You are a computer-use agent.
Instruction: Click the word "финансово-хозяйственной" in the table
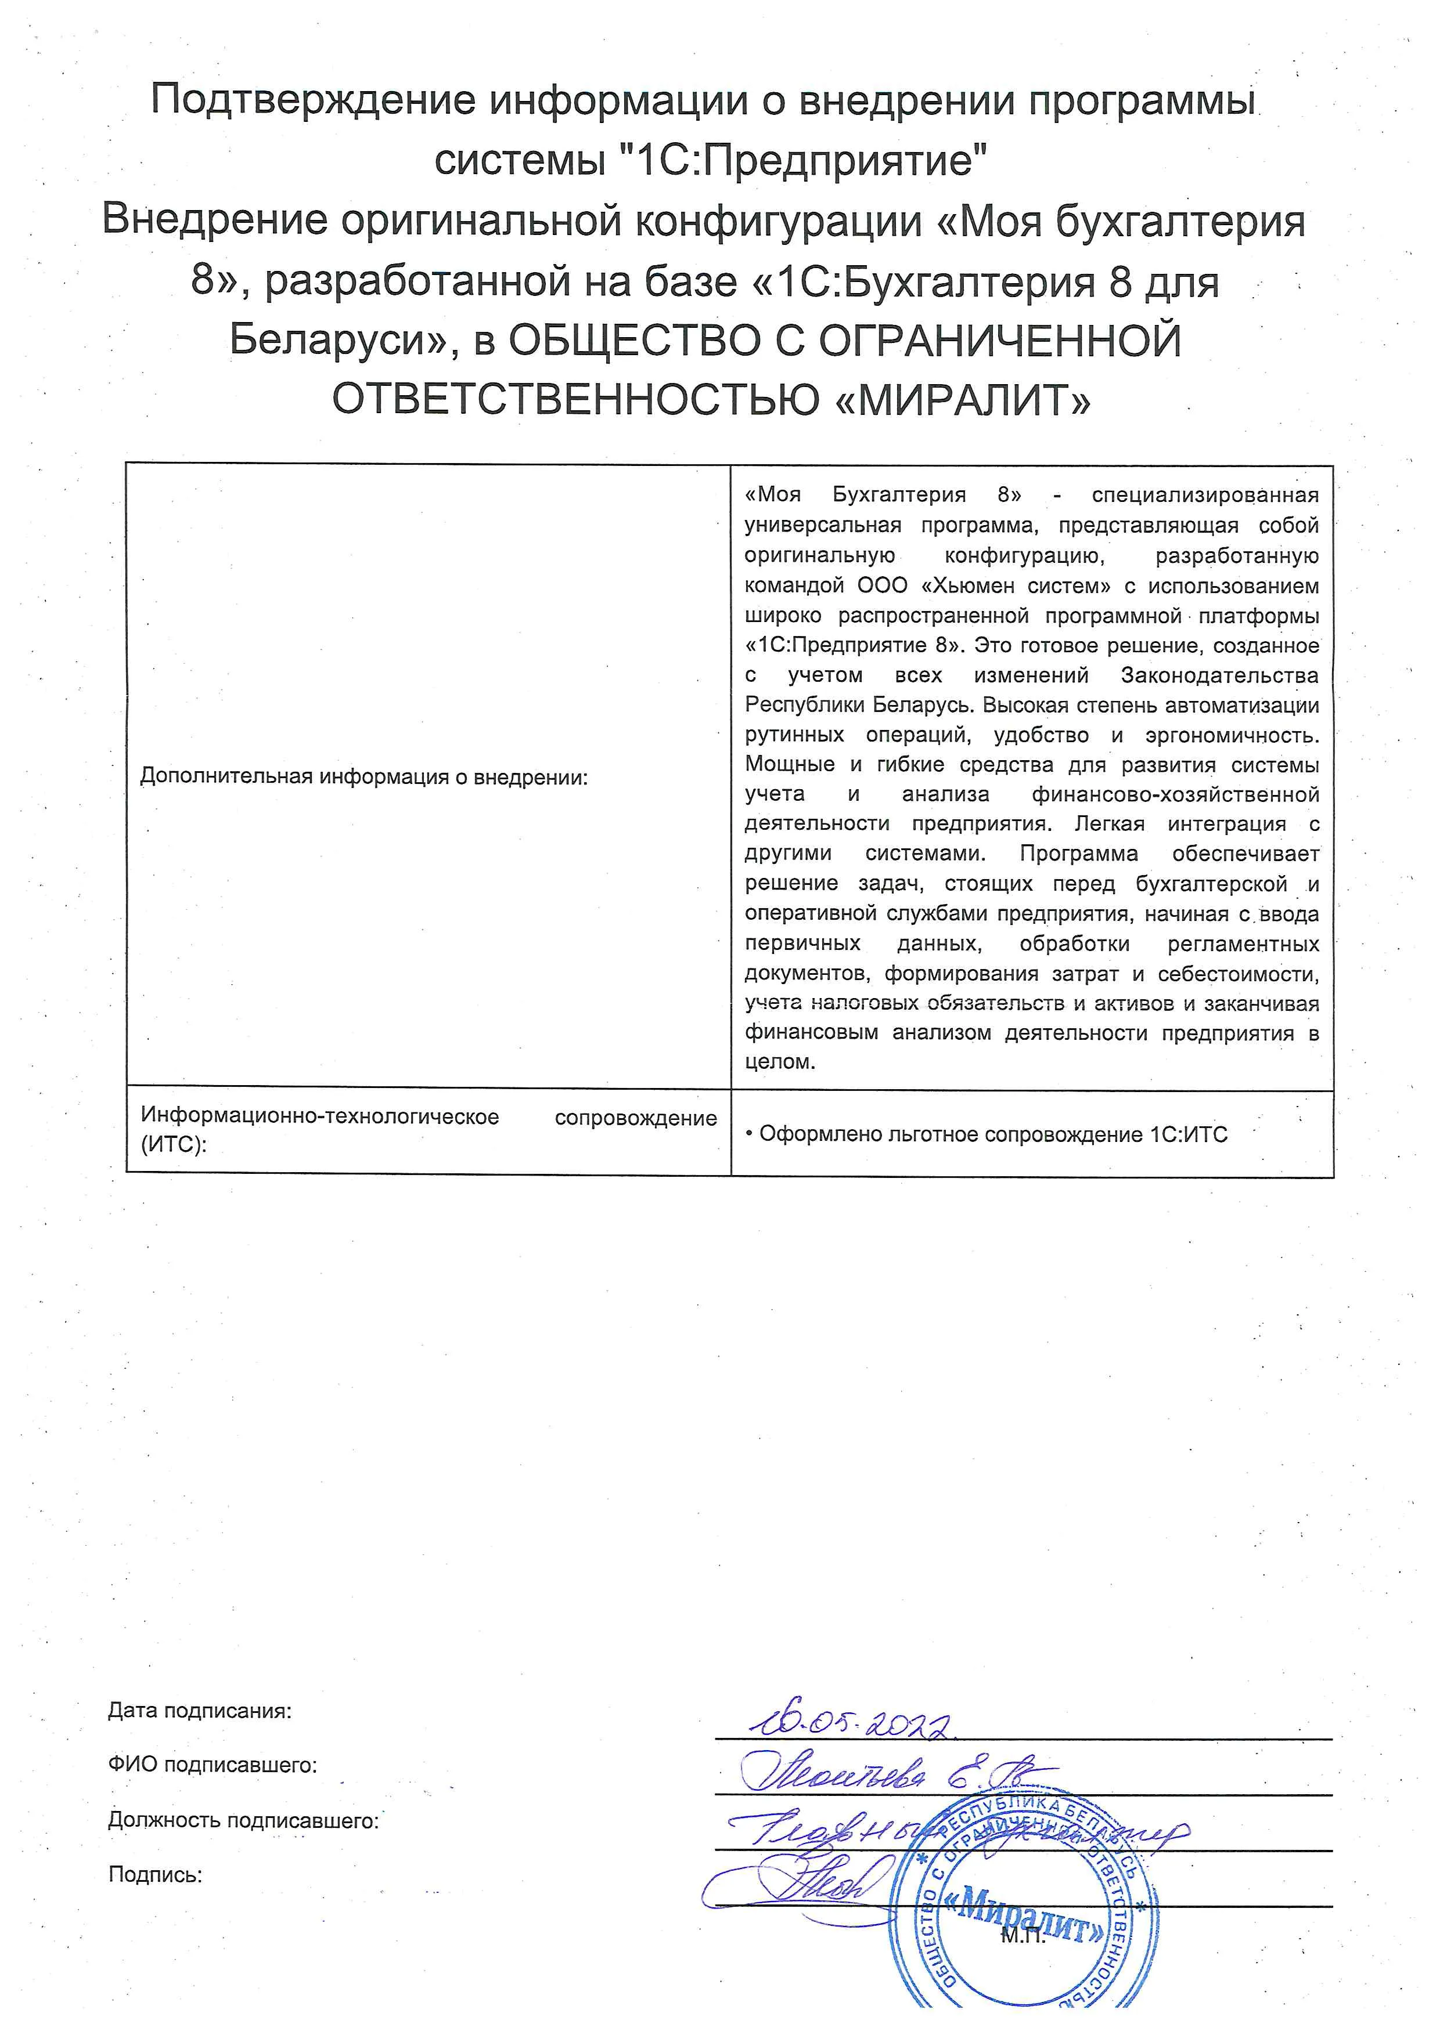tap(1175, 794)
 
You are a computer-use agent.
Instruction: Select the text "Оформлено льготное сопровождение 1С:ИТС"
tap(992, 1134)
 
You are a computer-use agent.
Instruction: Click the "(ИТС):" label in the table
tap(174, 1144)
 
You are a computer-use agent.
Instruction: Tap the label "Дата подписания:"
tap(200, 1711)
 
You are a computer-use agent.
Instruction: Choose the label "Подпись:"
tap(155, 1875)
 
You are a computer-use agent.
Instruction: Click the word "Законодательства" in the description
tap(1219, 675)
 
